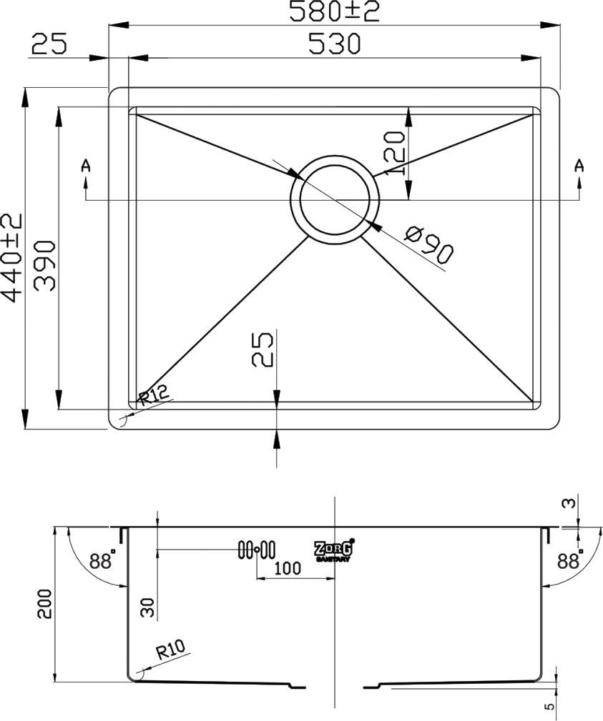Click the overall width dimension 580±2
pos(333,11)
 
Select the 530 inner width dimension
pos(333,44)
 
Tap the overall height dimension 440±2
pos(13,257)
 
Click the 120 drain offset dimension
pos(395,153)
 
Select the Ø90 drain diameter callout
pos(428,243)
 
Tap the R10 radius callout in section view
pos(170,650)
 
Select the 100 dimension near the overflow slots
pos(286,569)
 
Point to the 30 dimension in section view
pos(147,607)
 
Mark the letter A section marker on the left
pos(86,166)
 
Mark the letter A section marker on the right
pos(579,166)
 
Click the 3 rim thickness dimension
pos(569,503)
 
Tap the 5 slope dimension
pos(549,707)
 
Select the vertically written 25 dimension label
pos(263,349)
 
